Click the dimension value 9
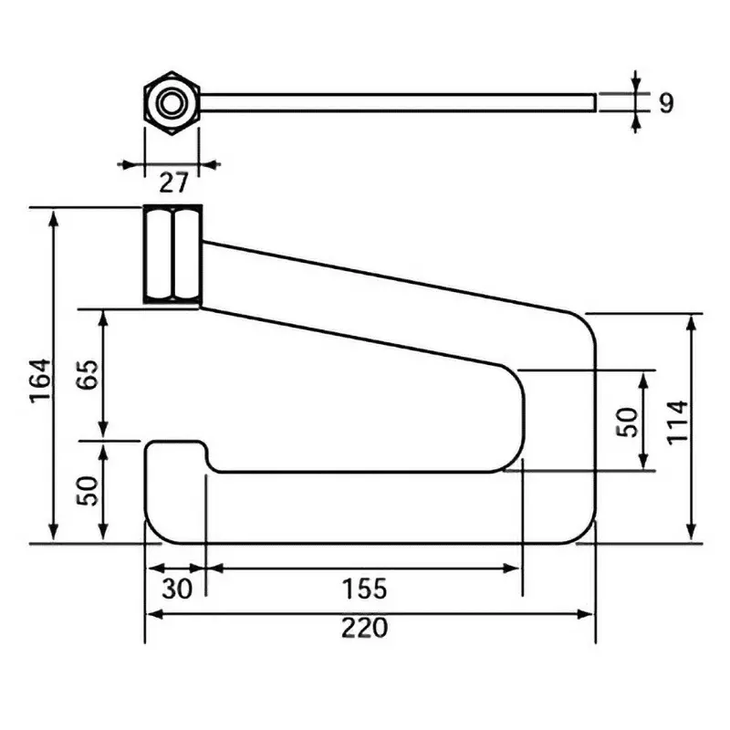point(665,103)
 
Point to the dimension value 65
point(87,374)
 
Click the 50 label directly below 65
point(87,490)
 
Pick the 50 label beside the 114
point(629,422)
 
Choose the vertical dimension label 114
point(676,422)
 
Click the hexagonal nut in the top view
point(171,102)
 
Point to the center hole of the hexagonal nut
point(170,102)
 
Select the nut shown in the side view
point(173,254)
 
